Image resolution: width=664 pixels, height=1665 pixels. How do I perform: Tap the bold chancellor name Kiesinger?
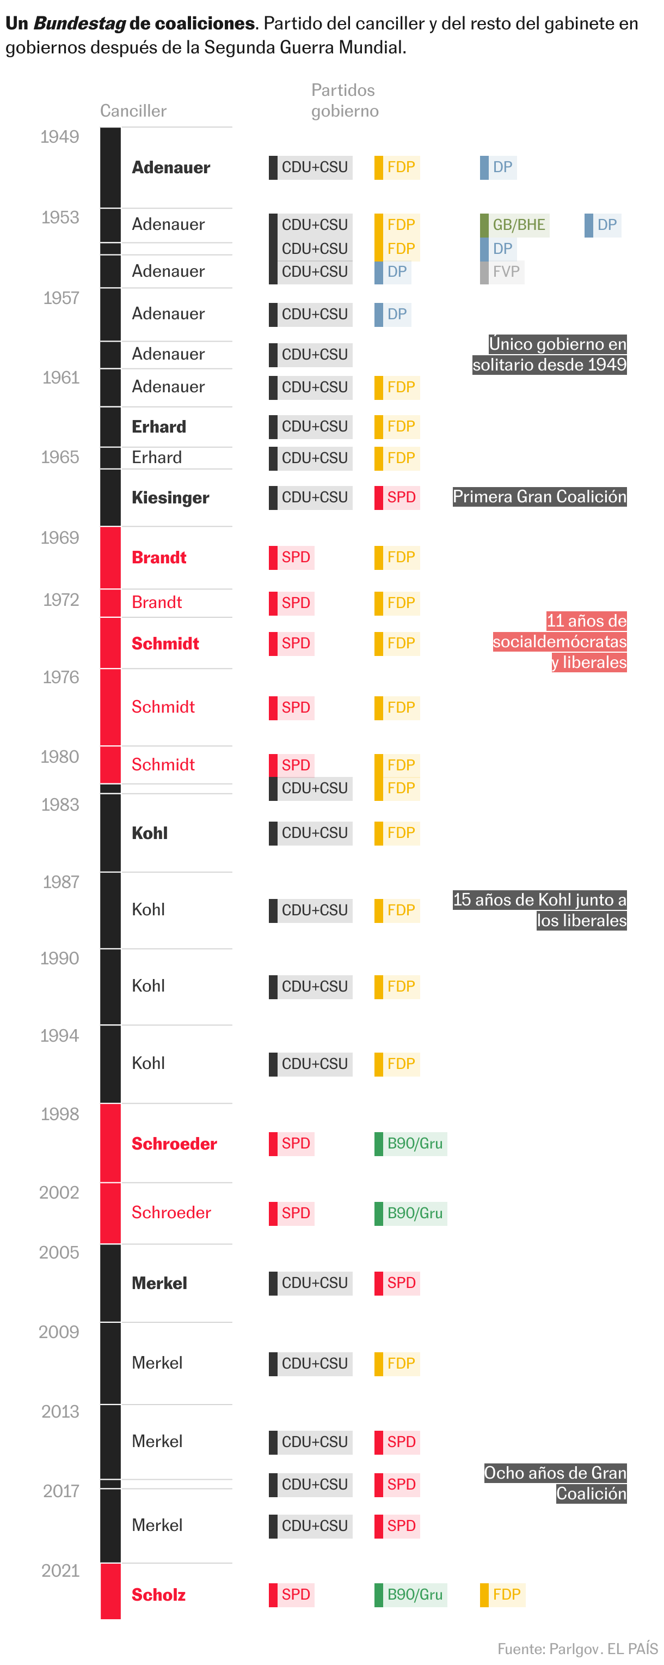tap(170, 497)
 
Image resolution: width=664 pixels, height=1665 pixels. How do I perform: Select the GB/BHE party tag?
tap(515, 225)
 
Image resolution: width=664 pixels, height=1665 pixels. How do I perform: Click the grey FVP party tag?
tap(502, 272)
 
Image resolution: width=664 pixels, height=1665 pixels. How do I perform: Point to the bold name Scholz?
tap(158, 1595)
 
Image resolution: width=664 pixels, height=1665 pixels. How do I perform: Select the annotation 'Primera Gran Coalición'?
tap(539, 496)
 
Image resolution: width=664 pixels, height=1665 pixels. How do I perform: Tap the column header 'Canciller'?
tap(133, 111)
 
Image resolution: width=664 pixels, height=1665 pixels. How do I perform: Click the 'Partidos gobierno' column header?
tap(345, 100)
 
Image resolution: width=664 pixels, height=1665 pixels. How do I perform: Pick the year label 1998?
tap(59, 1114)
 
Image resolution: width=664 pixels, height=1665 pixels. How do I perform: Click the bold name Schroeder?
tap(174, 1144)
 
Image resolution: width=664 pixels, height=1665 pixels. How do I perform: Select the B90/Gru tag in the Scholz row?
tap(411, 1595)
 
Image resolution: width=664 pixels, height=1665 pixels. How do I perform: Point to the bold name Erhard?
tap(158, 427)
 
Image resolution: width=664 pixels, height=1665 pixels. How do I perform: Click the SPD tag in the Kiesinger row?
tap(397, 497)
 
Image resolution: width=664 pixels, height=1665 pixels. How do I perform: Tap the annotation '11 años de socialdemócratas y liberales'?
tap(560, 641)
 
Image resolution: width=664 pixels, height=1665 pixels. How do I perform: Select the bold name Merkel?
tap(159, 1283)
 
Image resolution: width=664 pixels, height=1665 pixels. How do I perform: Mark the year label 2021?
tap(60, 1571)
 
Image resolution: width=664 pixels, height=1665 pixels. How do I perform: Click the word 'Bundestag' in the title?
tap(79, 23)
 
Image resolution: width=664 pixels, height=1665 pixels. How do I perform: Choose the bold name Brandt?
tap(158, 557)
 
